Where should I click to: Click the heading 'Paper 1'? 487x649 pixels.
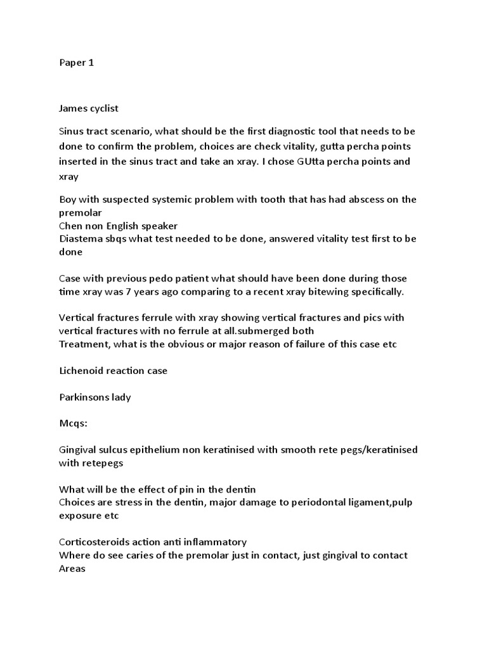pos(76,63)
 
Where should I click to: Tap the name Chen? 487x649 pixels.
pos(70,226)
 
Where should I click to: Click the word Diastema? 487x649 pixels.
pos(81,239)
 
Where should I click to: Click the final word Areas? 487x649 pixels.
pos(72,569)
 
